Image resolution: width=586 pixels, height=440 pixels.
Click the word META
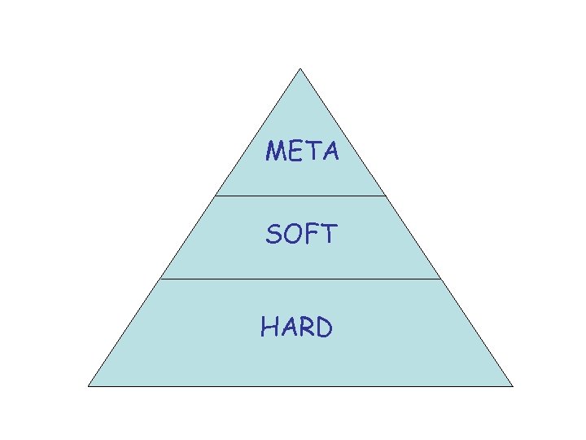[x=302, y=152]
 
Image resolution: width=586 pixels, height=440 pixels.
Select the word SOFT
[x=300, y=235]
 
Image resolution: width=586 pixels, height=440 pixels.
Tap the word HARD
[x=296, y=328]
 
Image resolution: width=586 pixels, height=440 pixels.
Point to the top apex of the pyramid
[x=300, y=68]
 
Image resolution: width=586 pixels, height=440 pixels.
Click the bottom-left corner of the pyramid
[x=89, y=385]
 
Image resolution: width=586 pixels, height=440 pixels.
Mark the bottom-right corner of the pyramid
[x=513, y=385]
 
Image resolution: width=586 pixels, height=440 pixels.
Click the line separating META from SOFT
[x=300, y=196]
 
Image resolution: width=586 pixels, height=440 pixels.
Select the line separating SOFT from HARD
[x=300, y=279]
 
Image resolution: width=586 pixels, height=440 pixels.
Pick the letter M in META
[x=276, y=152]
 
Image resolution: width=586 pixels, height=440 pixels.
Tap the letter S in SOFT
[x=274, y=235]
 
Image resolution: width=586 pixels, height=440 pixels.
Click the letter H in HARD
[x=269, y=328]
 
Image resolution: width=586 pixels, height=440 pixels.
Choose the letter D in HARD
[x=323, y=328]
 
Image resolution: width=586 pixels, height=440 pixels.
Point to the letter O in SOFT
[x=293, y=235]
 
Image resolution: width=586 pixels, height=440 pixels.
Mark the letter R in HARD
[x=305, y=328]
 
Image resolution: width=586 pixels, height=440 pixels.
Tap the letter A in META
[x=330, y=152]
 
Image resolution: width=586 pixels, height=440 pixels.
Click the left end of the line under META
[x=216, y=196]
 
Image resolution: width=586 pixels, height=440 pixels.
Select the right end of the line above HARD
[x=440, y=279]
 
